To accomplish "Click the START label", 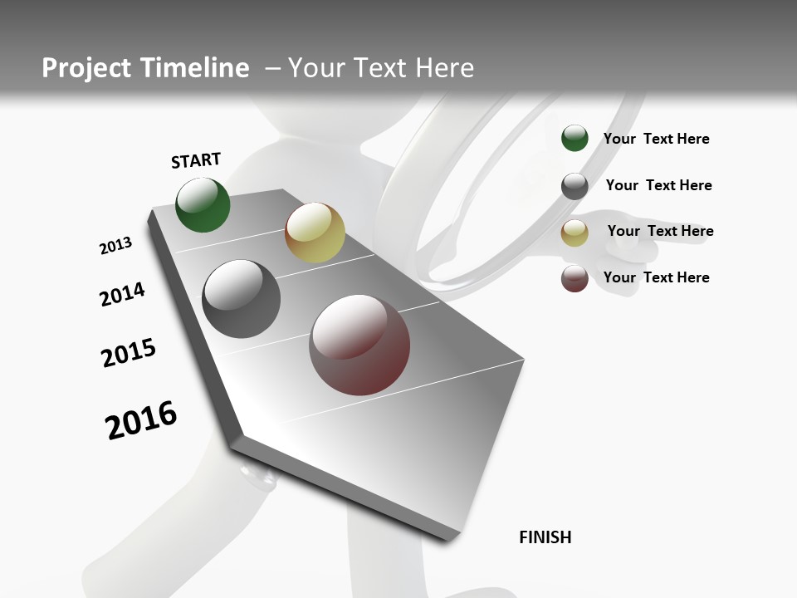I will (x=196, y=160).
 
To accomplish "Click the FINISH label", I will (x=545, y=537).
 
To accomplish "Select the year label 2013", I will (x=115, y=246).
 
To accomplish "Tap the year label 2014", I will (x=122, y=294).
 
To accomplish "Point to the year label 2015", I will (x=129, y=353).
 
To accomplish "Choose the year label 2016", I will (x=141, y=420).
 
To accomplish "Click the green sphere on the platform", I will (x=203, y=205).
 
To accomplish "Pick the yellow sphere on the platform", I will (x=315, y=233).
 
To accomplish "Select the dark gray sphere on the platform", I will (x=242, y=299).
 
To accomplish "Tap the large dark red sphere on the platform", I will (x=359, y=345).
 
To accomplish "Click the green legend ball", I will (x=575, y=139).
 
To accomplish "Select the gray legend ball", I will (x=575, y=186).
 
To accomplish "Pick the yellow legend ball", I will (x=575, y=233).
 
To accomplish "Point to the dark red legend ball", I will (x=575, y=279).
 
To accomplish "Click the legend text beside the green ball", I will (x=656, y=139).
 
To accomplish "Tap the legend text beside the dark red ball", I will (x=656, y=277).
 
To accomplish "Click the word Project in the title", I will (x=86, y=68).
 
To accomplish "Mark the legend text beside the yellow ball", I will (x=660, y=231).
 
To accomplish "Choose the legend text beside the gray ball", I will (x=658, y=185).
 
